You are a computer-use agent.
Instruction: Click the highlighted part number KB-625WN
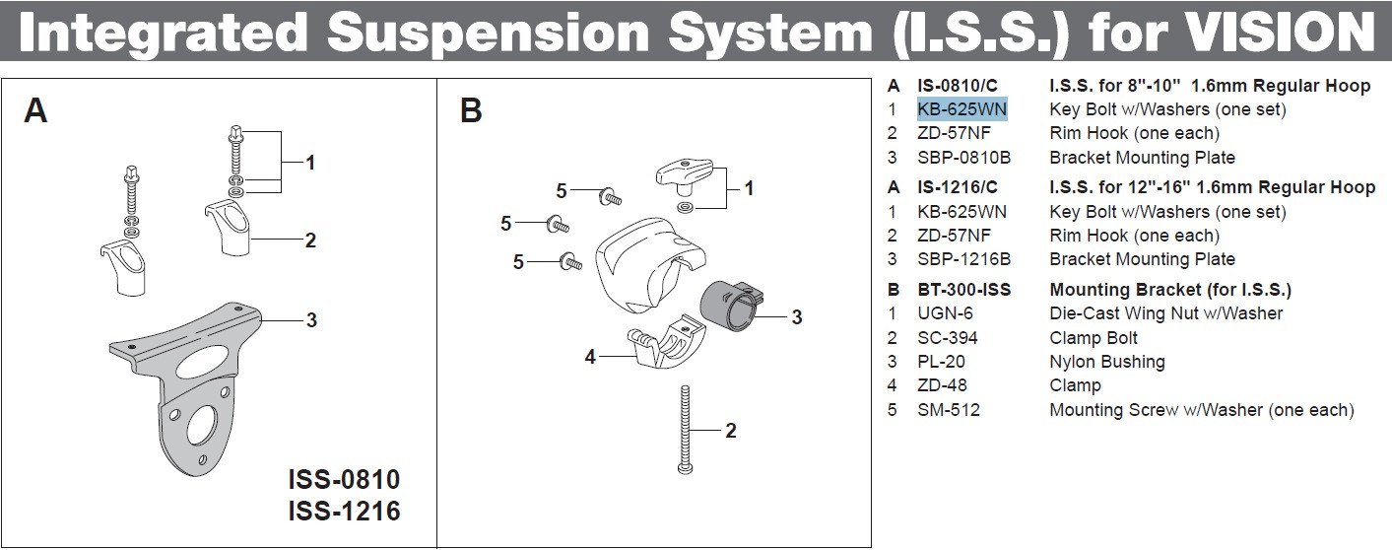(x=961, y=109)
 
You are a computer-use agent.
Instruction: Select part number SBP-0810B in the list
(x=963, y=158)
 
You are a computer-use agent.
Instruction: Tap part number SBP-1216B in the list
(x=963, y=259)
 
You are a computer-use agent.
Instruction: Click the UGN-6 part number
(x=945, y=313)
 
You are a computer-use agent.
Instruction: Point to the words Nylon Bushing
(x=1106, y=362)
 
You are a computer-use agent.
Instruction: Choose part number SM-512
(x=949, y=410)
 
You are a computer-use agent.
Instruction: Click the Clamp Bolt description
(x=1094, y=338)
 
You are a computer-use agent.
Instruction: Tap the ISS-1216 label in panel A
(x=344, y=511)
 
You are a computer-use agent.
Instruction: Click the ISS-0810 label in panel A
(x=344, y=479)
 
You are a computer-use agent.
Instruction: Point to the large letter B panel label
(x=471, y=110)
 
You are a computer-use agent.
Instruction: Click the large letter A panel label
(x=35, y=110)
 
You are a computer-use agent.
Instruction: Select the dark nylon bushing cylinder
(x=730, y=306)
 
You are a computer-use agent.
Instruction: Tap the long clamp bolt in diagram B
(x=686, y=430)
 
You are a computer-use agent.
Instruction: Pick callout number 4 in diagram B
(x=590, y=357)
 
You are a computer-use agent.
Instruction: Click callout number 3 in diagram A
(x=311, y=320)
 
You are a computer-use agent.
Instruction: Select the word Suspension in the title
(x=489, y=34)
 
